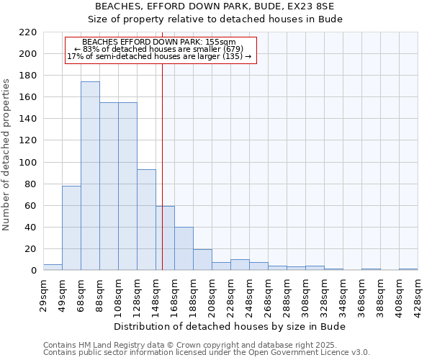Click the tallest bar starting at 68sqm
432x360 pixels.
point(90,176)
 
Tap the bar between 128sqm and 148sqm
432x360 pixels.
point(146,220)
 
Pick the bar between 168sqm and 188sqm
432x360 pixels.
point(184,248)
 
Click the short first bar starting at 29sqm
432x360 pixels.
point(53,267)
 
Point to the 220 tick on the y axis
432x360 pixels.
point(28,32)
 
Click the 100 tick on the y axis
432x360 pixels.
point(28,163)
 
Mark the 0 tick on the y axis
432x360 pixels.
point(33,271)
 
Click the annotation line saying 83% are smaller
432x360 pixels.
point(159,49)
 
